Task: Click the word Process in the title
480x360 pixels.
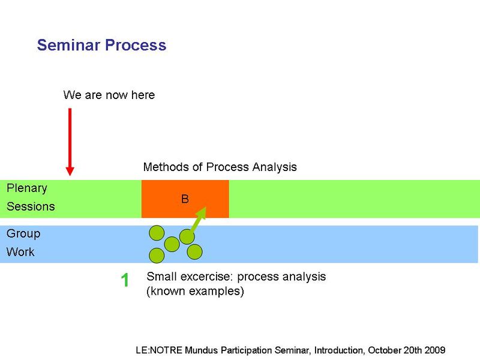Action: click(136, 45)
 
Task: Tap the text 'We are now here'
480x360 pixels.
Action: click(109, 95)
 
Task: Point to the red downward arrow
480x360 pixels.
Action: click(70, 142)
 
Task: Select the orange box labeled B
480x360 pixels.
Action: click(185, 199)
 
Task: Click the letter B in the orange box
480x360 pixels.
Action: click(185, 199)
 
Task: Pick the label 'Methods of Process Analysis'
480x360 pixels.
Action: click(220, 167)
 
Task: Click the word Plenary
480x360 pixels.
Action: click(27, 188)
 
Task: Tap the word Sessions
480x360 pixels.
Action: click(31, 206)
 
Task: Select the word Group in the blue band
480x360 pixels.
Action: click(23, 234)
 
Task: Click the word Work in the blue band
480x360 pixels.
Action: click(20, 252)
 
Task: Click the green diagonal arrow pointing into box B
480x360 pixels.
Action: click(198, 220)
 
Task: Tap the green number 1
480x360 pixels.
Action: click(125, 280)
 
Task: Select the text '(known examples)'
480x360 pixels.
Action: click(195, 291)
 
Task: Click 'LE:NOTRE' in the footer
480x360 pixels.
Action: click(159, 350)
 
